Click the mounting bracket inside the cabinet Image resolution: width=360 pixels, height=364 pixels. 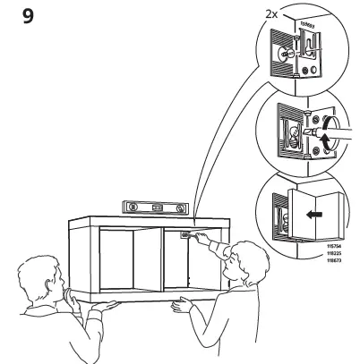tap(186, 237)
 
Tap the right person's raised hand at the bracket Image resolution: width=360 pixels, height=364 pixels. tap(202, 239)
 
